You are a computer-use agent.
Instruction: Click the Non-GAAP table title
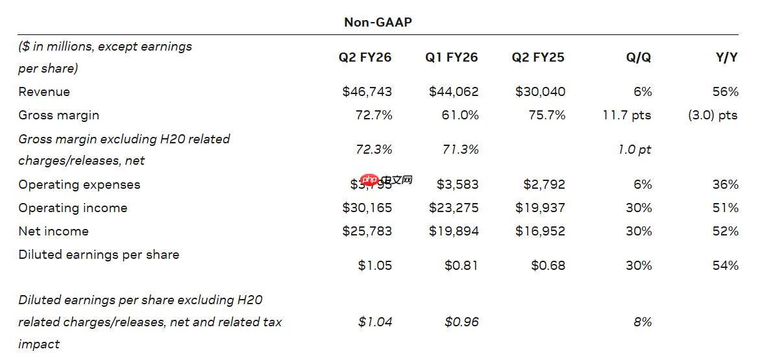[x=378, y=22]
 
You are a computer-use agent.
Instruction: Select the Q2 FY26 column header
[x=365, y=57]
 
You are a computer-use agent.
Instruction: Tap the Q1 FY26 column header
[x=452, y=57]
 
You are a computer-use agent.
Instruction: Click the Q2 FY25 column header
[x=538, y=57]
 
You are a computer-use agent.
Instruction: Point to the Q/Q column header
[x=639, y=57]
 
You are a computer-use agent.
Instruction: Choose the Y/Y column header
[x=726, y=57]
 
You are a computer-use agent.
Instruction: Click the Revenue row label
[x=44, y=91]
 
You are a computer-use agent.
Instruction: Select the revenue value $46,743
[x=367, y=91]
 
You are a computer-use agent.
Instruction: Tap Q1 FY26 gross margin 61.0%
[x=462, y=115]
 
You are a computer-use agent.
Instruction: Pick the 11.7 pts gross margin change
[x=627, y=115]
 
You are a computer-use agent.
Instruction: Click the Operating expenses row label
[x=79, y=184]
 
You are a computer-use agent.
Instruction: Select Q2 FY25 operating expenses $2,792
[x=544, y=184]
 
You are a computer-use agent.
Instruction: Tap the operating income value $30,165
[x=367, y=208]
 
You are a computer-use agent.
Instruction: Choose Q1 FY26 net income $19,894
[x=454, y=231]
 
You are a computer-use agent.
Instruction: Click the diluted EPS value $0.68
[x=548, y=265]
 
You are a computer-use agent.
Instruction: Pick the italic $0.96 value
[x=462, y=322]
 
